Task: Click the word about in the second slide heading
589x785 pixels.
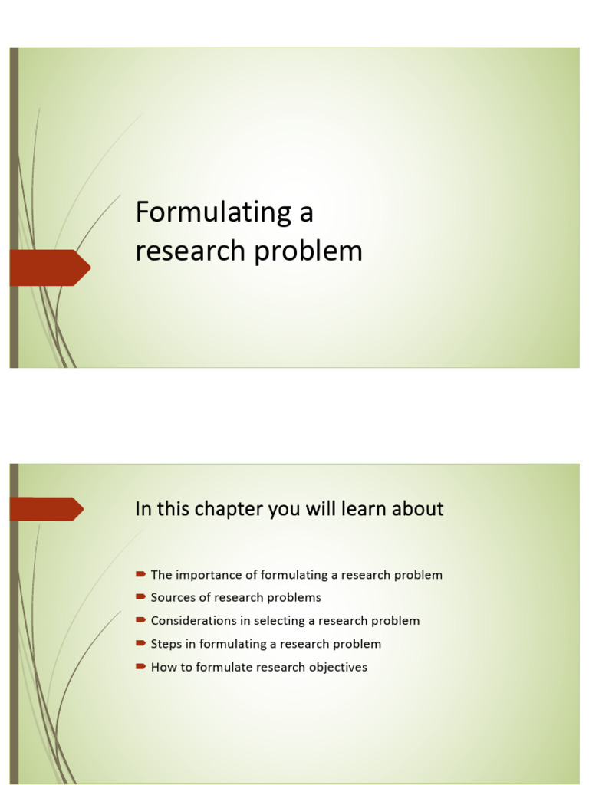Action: [x=418, y=509]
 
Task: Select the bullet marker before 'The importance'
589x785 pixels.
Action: [x=140, y=574]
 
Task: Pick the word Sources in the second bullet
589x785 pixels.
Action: [x=173, y=598]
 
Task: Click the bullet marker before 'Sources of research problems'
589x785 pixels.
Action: [x=140, y=597]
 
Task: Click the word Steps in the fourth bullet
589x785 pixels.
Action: [x=166, y=644]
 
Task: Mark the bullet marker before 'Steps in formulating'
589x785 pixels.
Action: [x=140, y=643]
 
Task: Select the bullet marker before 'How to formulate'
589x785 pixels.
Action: [x=140, y=666]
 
